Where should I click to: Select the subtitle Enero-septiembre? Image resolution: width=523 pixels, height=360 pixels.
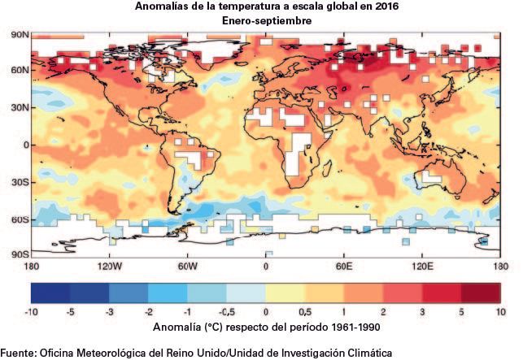click(265, 20)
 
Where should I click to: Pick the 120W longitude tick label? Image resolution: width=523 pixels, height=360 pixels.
click(108, 267)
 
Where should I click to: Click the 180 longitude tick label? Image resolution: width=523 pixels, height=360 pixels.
click(31, 267)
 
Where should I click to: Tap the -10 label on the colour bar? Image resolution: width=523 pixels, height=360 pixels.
click(31, 312)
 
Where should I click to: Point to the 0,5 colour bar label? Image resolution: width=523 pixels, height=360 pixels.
click(305, 312)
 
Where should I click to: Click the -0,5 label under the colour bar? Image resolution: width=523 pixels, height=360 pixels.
click(226, 312)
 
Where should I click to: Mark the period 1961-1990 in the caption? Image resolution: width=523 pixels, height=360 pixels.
click(348, 327)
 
